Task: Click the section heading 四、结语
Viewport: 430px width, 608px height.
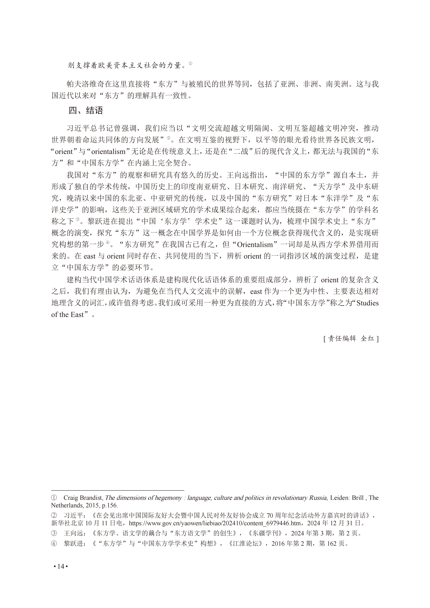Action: click(85, 110)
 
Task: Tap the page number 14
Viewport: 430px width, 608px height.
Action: click(61, 566)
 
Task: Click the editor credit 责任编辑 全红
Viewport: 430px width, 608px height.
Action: click(351, 338)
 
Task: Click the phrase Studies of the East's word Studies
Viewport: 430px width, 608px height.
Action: click(367, 303)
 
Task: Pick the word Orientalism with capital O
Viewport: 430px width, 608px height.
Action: click(255, 244)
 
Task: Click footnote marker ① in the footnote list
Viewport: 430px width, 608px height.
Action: click(54, 498)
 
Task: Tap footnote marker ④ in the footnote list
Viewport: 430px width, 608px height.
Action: click(54, 544)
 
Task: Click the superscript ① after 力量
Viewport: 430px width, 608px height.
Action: click(190, 64)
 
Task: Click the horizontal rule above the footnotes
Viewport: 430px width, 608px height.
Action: click(118, 490)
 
